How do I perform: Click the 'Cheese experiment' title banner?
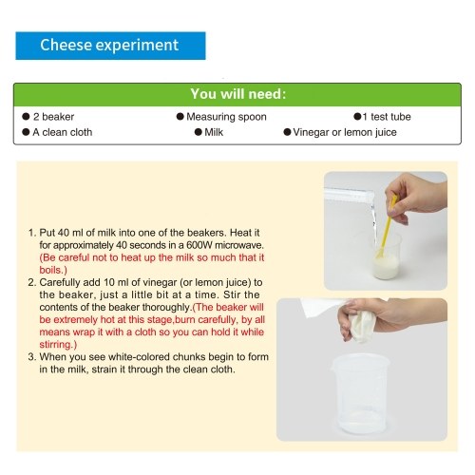pyautogui.click(x=110, y=46)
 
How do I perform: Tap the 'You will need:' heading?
pyautogui.click(x=237, y=94)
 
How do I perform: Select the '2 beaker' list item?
pyautogui.click(x=48, y=117)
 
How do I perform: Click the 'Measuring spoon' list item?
pyautogui.click(x=221, y=117)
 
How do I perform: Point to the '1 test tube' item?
pyautogui.click(x=382, y=117)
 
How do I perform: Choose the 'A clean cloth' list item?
pyautogui.click(x=57, y=132)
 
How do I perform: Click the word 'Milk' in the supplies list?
pyautogui.click(x=214, y=132)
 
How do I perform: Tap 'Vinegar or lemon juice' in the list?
pyautogui.click(x=345, y=132)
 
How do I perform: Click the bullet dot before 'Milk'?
pyautogui.click(x=199, y=132)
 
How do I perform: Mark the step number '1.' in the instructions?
pyautogui.click(x=32, y=233)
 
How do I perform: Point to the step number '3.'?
pyautogui.click(x=32, y=357)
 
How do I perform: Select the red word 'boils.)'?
pyautogui.click(x=53, y=270)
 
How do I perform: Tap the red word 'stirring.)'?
pyautogui.click(x=58, y=345)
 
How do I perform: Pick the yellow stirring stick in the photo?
pyautogui.click(x=387, y=226)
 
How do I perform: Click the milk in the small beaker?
pyautogui.click(x=386, y=266)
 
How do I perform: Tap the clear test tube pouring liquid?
pyautogui.click(x=349, y=195)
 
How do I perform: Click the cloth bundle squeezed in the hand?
pyautogui.click(x=363, y=326)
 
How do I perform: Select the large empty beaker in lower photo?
pyautogui.click(x=361, y=394)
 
